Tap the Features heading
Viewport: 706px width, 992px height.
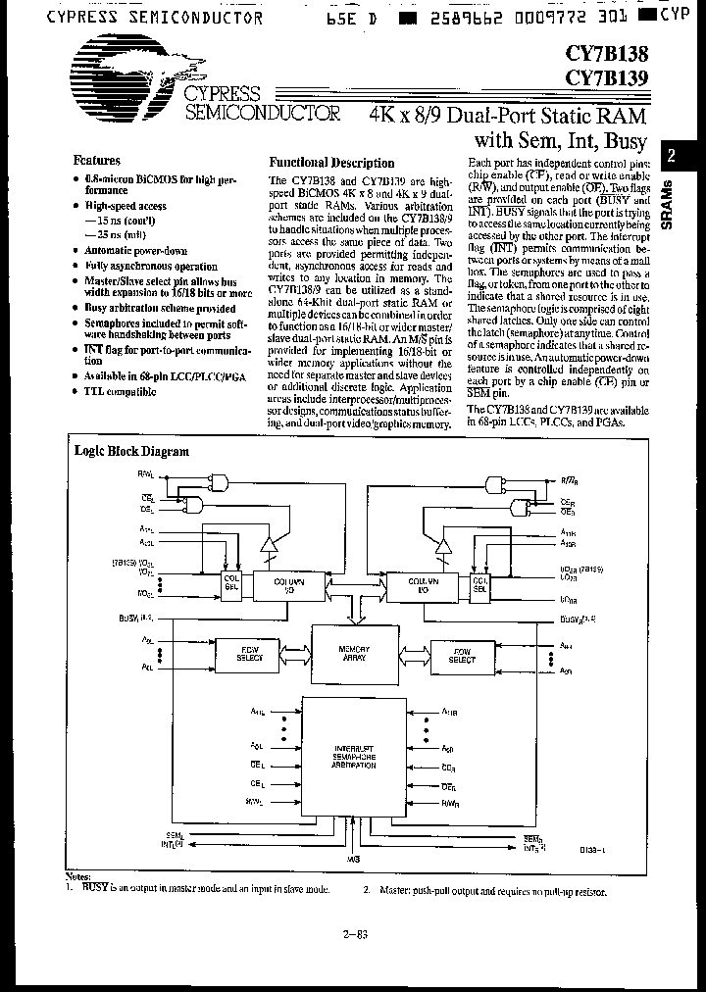[x=97, y=160]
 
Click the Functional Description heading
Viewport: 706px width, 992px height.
[x=331, y=163]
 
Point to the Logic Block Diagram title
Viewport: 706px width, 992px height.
[x=131, y=452]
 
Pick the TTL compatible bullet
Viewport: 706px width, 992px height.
[x=120, y=391]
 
